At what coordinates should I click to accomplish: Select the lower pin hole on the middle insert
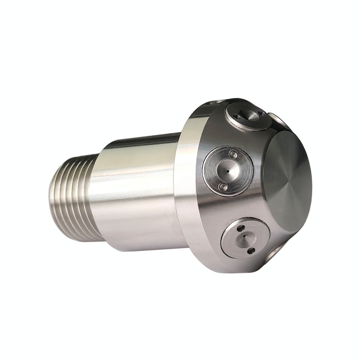coord(223,187)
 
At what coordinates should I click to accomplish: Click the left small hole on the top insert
coord(237,117)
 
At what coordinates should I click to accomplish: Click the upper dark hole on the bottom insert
coord(241,229)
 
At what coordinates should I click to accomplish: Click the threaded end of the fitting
coord(73,196)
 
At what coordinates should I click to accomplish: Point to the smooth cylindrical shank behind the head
coord(134,192)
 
